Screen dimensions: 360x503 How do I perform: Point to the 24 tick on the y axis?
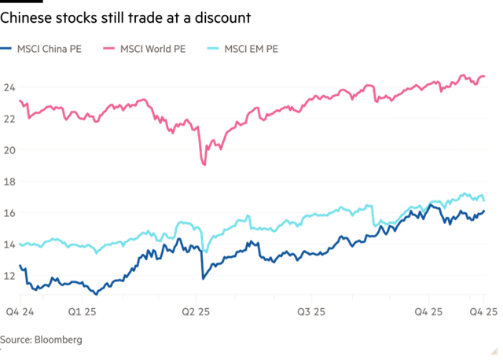click(9, 87)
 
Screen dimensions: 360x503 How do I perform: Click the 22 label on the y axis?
click(9, 118)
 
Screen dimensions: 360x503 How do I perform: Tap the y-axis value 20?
click(9, 149)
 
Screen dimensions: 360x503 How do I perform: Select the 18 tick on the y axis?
click(9, 181)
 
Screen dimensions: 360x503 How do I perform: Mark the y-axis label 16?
click(9, 212)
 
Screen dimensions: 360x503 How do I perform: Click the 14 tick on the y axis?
click(9, 244)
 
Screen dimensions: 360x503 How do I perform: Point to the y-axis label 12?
click(9, 276)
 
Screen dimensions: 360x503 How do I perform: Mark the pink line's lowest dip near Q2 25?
click(204, 163)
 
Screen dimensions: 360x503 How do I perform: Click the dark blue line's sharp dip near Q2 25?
click(203, 278)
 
